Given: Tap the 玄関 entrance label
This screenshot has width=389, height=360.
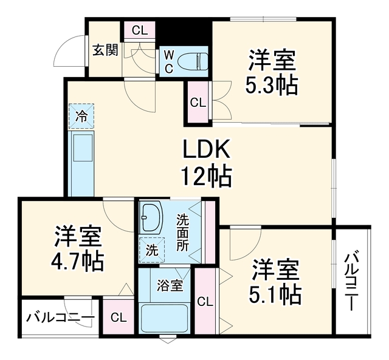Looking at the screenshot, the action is click(x=105, y=50).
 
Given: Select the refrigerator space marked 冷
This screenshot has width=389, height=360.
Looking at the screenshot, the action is click(x=81, y=116).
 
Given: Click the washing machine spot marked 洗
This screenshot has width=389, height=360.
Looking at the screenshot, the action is click(x=152, y=250).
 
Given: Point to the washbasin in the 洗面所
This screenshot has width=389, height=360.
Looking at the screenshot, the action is click(x=150, y=217).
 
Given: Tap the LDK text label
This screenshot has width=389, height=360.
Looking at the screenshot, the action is click(x=207, y=150).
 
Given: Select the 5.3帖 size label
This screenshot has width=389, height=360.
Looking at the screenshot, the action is click(x=272, y=85).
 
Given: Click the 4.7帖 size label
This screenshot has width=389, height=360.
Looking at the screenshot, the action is click(x=77, y=261).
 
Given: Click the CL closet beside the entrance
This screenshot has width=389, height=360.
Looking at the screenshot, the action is click(x=140, y=30).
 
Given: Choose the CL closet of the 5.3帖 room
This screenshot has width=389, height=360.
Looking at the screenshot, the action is click(x=198, y=102).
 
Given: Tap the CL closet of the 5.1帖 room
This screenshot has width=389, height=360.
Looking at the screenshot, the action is click(x=205, y=301).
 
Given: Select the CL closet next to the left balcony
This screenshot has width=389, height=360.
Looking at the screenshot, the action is click(x=119, y=317).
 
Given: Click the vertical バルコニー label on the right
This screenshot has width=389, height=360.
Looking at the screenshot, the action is click(x=352, y=281).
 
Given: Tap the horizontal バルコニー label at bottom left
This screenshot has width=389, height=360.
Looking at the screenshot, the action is click(x=61, y=318).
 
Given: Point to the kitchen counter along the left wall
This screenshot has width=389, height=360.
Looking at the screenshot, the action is click(x=81, y=164).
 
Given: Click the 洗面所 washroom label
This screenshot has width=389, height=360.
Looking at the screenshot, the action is click(x=182, y=233).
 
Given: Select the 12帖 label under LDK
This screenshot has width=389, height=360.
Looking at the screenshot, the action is click(x=207, y=177).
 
